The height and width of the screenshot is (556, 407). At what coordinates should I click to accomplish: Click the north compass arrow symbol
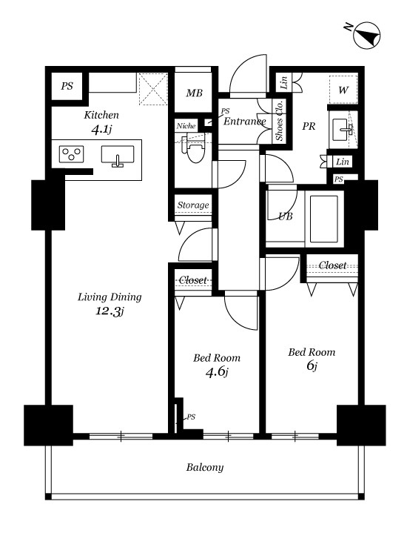(367, 36)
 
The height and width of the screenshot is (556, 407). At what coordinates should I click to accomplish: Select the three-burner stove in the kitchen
(72, 154)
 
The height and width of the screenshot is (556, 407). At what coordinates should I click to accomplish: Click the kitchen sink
(118, 156)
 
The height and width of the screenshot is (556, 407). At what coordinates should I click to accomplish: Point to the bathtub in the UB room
(324, 219)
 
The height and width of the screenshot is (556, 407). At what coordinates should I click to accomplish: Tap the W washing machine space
(343, 90)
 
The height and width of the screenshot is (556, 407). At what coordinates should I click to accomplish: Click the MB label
(195, 93)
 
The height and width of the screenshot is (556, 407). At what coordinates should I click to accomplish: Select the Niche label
(186, 126)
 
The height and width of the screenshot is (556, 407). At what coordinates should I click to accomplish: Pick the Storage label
(193, 205)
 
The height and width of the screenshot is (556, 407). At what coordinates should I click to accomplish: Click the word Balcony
(205, 467)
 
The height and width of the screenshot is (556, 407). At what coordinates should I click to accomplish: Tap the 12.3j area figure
(110, 311)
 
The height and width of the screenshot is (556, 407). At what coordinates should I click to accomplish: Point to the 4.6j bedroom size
(217, 372)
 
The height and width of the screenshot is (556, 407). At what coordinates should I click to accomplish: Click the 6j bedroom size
(312, 365)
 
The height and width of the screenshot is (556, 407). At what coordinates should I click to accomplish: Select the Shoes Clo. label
(280, 120)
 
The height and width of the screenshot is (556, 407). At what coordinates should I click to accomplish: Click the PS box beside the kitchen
(67, 86)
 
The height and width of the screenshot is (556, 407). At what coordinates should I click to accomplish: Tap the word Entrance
(244, 122)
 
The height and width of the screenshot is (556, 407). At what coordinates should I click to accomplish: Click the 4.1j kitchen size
(101, 130)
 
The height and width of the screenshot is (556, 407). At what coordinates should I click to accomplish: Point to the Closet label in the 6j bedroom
(332, 265)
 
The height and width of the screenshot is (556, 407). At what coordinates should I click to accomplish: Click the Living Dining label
(110, 297)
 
